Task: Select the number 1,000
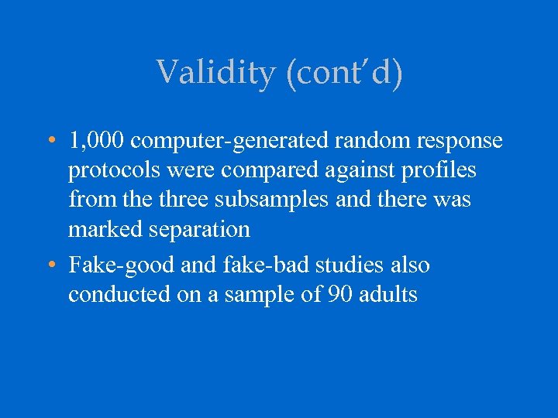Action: pos(98,141)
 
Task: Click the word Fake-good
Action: pos(121,265)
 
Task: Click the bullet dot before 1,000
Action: pos(50,142)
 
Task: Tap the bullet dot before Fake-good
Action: pos(50,266)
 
